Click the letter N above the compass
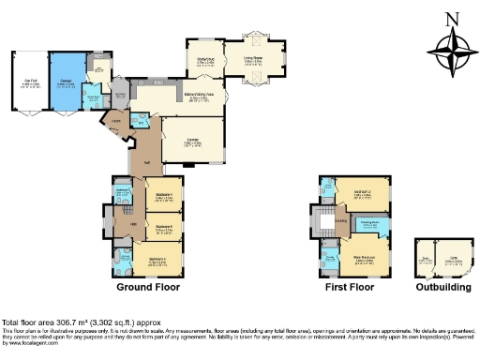coord(452,20)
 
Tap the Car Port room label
coord(30,82)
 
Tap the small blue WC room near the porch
coord(140,120)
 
